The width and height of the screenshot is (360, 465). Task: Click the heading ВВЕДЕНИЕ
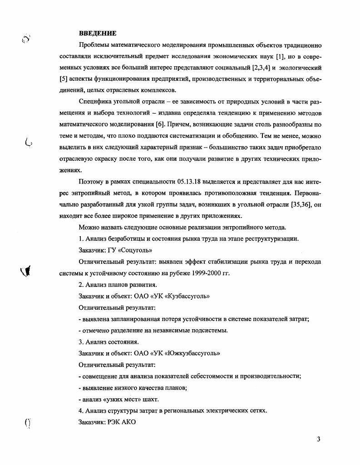pos(98,33)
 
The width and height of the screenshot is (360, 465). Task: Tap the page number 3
pos(319,439)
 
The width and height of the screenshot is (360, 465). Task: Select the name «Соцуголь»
pos(135,250)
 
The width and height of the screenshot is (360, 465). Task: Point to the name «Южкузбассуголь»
pos(190,353)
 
